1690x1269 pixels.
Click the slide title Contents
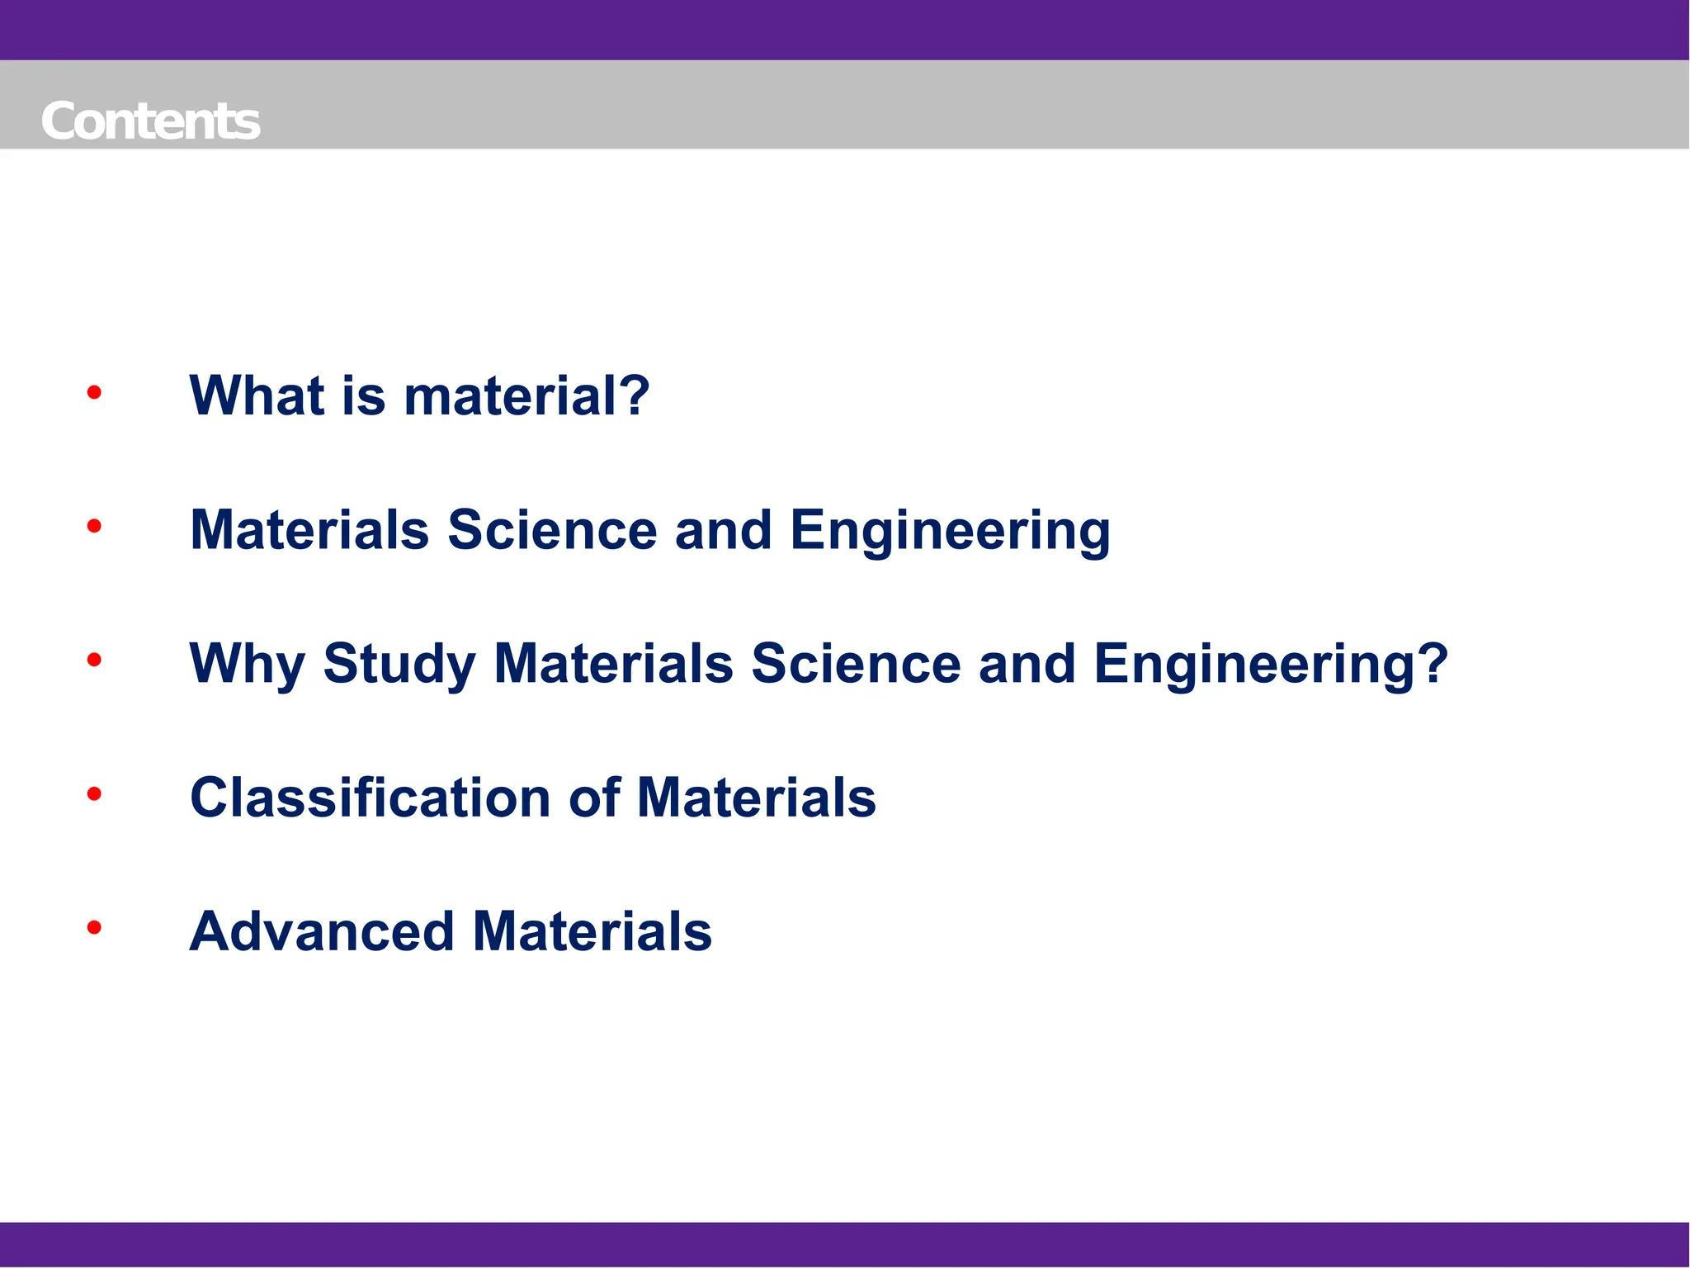150,121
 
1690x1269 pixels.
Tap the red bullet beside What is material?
94,392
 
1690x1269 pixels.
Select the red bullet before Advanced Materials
94,928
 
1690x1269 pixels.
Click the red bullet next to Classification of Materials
94,794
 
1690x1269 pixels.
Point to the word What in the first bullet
256,395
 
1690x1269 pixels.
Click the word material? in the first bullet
526,395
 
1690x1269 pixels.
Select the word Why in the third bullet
247,664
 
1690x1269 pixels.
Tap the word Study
399,664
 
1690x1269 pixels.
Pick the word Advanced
322,931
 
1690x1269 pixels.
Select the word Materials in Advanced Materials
592,931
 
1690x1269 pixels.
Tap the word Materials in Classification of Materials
756,798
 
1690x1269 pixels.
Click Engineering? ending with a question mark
1271,664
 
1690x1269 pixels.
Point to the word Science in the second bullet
552,529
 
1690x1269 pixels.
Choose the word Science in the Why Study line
856,664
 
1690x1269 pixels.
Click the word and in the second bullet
723,529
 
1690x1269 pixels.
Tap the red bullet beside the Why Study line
94,660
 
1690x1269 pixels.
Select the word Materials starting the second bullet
309,529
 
